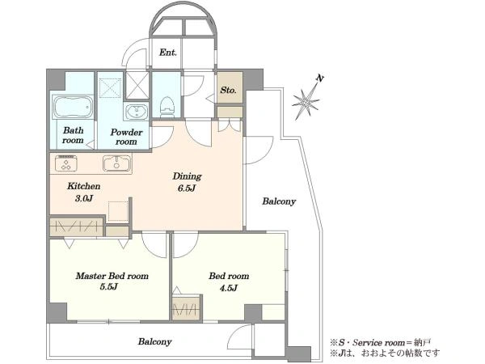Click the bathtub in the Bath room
(x=73, y=107)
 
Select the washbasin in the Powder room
(x=136, y=112)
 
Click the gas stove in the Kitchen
(x=66, y=163)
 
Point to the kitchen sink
(x=117, y=163)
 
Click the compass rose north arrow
(x=306, y=98)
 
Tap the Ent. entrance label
(x=168, y=53)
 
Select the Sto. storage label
(x=228, y=90)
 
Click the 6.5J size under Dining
(x=187, y=188)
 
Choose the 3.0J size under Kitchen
(x=84, y=198)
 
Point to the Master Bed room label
(x=112, y=276)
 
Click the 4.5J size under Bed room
(x=229, y=288)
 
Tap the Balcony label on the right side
(x=279, y=201)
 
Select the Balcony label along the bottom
(x=154, y=341)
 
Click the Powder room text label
(x=126, y=137)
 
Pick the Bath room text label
(x=73, y=135)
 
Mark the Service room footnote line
(x=380, y=343)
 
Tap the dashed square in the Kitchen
(x=118, y=211)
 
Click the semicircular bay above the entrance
(x=183, y=21)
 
